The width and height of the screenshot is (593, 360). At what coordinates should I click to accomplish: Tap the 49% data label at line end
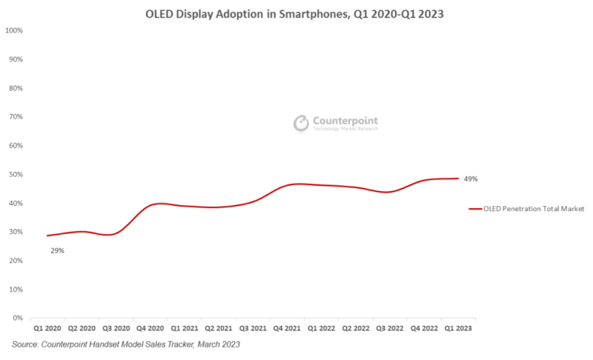coord(471,179)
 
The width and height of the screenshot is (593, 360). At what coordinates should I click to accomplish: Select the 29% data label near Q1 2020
coord(57,251)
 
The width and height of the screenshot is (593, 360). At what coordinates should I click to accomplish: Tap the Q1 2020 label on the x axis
coord(48,327)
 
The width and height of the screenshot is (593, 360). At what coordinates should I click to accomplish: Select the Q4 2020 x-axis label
coord(150,327)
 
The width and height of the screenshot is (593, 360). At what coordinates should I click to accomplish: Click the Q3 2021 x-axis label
coord(253,327)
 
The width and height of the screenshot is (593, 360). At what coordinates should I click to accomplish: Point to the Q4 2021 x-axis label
coord(287,327)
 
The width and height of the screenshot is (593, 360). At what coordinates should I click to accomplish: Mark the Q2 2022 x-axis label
coord(355,327)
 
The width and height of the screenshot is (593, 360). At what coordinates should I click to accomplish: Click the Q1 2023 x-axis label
coord(457,327)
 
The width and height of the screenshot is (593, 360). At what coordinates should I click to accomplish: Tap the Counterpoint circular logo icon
coord(301,122)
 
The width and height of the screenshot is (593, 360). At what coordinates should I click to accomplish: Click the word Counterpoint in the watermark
coord(345,120)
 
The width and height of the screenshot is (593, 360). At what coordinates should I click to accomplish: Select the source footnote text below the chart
coord(126,344)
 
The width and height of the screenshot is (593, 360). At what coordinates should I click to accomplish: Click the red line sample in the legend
coord(475,209)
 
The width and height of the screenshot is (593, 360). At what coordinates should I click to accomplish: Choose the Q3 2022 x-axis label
coord(389,327)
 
